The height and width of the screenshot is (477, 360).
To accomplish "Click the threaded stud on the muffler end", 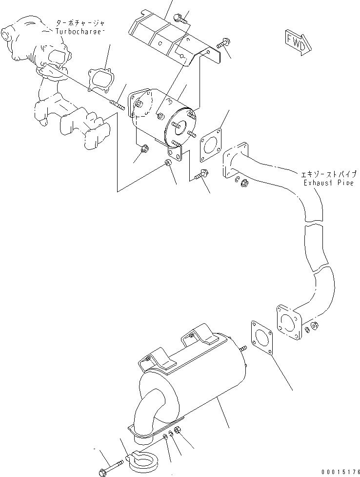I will tap(243, 348).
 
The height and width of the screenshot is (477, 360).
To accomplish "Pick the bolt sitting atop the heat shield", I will tap(180, 19).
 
